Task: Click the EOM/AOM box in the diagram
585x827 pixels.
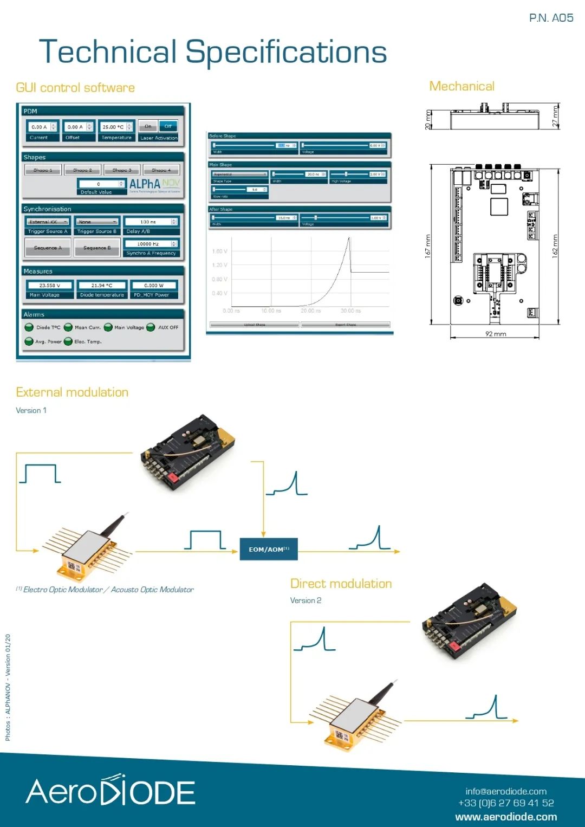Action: tap(269, 549)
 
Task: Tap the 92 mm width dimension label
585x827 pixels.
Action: tap(496, 334)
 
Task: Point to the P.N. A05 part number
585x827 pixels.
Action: tap(551, 18)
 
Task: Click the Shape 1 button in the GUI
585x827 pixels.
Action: tap(43, 170)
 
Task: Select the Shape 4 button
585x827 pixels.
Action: tap(161, 170)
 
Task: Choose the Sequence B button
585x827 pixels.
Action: tap(97, 248)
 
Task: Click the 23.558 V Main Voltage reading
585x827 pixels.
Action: tap(50, 285)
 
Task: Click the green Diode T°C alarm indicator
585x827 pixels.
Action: tap(29, 327)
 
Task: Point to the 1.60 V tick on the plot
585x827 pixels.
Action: tap(219, 251)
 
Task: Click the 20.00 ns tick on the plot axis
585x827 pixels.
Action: tap(310, 311)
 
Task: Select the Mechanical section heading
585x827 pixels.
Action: tap(461, 86)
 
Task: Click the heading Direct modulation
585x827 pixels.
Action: tap(341, 584)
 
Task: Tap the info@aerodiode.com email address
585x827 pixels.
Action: tap(506, 791)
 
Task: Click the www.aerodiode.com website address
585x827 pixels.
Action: tap(506, 817)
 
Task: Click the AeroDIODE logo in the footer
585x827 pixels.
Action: tap(110, 791)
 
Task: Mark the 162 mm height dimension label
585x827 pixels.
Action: tap(555, 246)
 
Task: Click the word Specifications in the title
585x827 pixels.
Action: tap(286, 53)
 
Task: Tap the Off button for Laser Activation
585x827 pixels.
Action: tap(168, 126)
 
